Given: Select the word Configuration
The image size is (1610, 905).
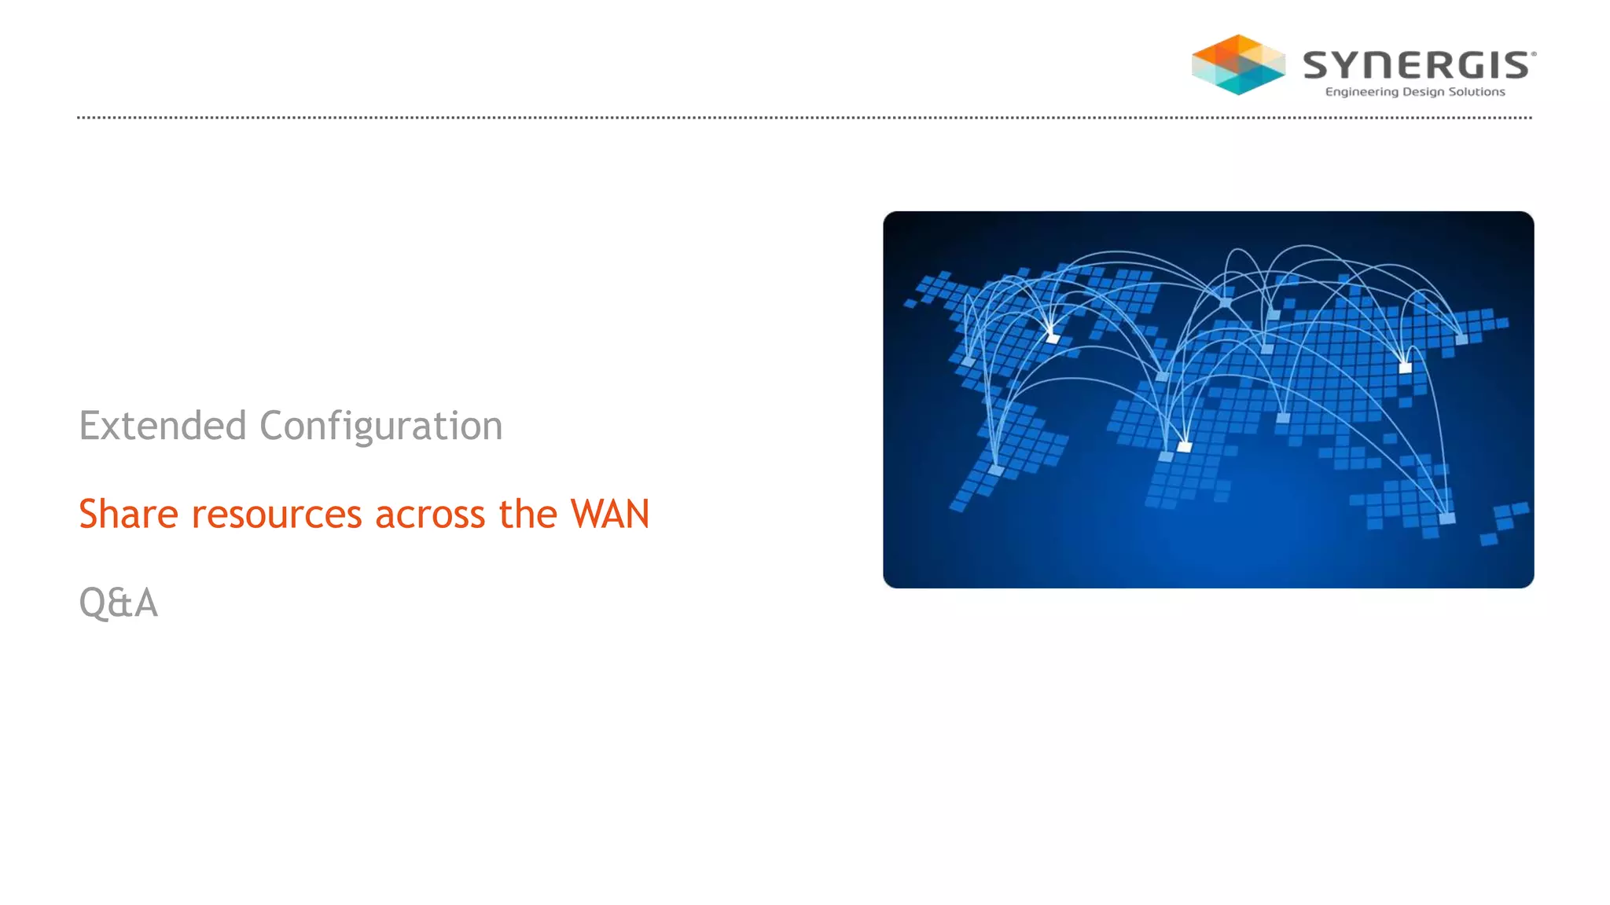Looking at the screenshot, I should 380,427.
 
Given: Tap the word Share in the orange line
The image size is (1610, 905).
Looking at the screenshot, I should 129,515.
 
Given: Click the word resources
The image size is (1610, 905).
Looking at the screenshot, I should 277,515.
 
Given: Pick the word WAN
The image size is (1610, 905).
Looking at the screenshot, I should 610,515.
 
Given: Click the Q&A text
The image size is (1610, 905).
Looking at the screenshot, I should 119,603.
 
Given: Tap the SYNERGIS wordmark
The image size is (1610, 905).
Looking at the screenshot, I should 1418,65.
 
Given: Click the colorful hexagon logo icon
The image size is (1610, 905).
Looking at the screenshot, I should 1238,64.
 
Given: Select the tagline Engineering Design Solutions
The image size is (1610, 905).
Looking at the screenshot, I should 1415,92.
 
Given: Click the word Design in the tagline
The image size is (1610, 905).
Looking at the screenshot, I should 1424,92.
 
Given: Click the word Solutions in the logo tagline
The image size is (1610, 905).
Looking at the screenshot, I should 1476,92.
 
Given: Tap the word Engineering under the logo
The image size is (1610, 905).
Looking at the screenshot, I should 1362,92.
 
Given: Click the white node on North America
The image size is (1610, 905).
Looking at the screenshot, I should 1053,339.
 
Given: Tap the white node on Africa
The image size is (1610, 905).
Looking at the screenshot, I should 1184,447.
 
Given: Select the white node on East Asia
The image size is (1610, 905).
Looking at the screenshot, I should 1405,367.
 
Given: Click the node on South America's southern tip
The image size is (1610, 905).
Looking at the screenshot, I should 996,470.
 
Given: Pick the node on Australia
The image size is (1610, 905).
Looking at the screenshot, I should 1446,518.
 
